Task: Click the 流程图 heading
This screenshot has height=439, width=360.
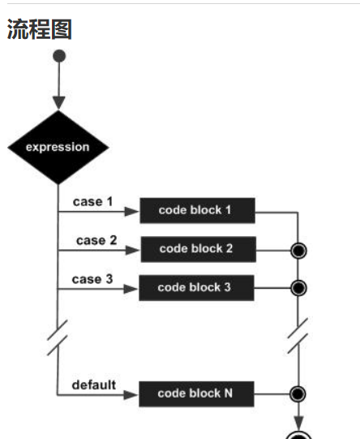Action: (x=40, y=29)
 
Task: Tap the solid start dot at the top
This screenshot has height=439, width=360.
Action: (x=59, y=56)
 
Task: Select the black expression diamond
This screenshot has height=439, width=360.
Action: (x=58, y=147)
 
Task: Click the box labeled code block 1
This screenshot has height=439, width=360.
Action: (x=198, y=210)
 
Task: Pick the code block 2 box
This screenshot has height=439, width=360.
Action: (x=199, y=249)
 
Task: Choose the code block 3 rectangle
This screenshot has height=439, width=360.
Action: (x=196, y=288)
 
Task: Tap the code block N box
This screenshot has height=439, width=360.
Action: (x=196, y=394)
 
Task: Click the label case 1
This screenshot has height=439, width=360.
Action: (x=92, y=201)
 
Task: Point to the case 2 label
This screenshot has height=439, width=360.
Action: (x=96, y=240)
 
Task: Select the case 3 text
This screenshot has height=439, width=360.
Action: (x=92, y=279)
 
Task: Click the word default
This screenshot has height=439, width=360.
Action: (x=94, y=385)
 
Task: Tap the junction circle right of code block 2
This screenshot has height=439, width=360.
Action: (x=298, y=251)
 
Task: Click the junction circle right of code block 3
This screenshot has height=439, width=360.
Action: (x=298, y=288)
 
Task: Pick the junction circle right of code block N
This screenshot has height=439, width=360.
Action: (x=298, y=394)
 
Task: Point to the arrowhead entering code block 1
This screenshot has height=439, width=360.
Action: (x=132, y=212)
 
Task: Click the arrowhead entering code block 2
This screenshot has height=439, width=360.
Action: (x=133, y=250)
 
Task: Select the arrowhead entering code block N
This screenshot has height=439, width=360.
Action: (x=131, y=395)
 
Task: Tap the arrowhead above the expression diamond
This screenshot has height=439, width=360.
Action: (x=59, y=103)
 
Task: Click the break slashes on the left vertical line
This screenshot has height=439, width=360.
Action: (x=58, y=338)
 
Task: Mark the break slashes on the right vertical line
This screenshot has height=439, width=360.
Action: (x=298, y=335)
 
